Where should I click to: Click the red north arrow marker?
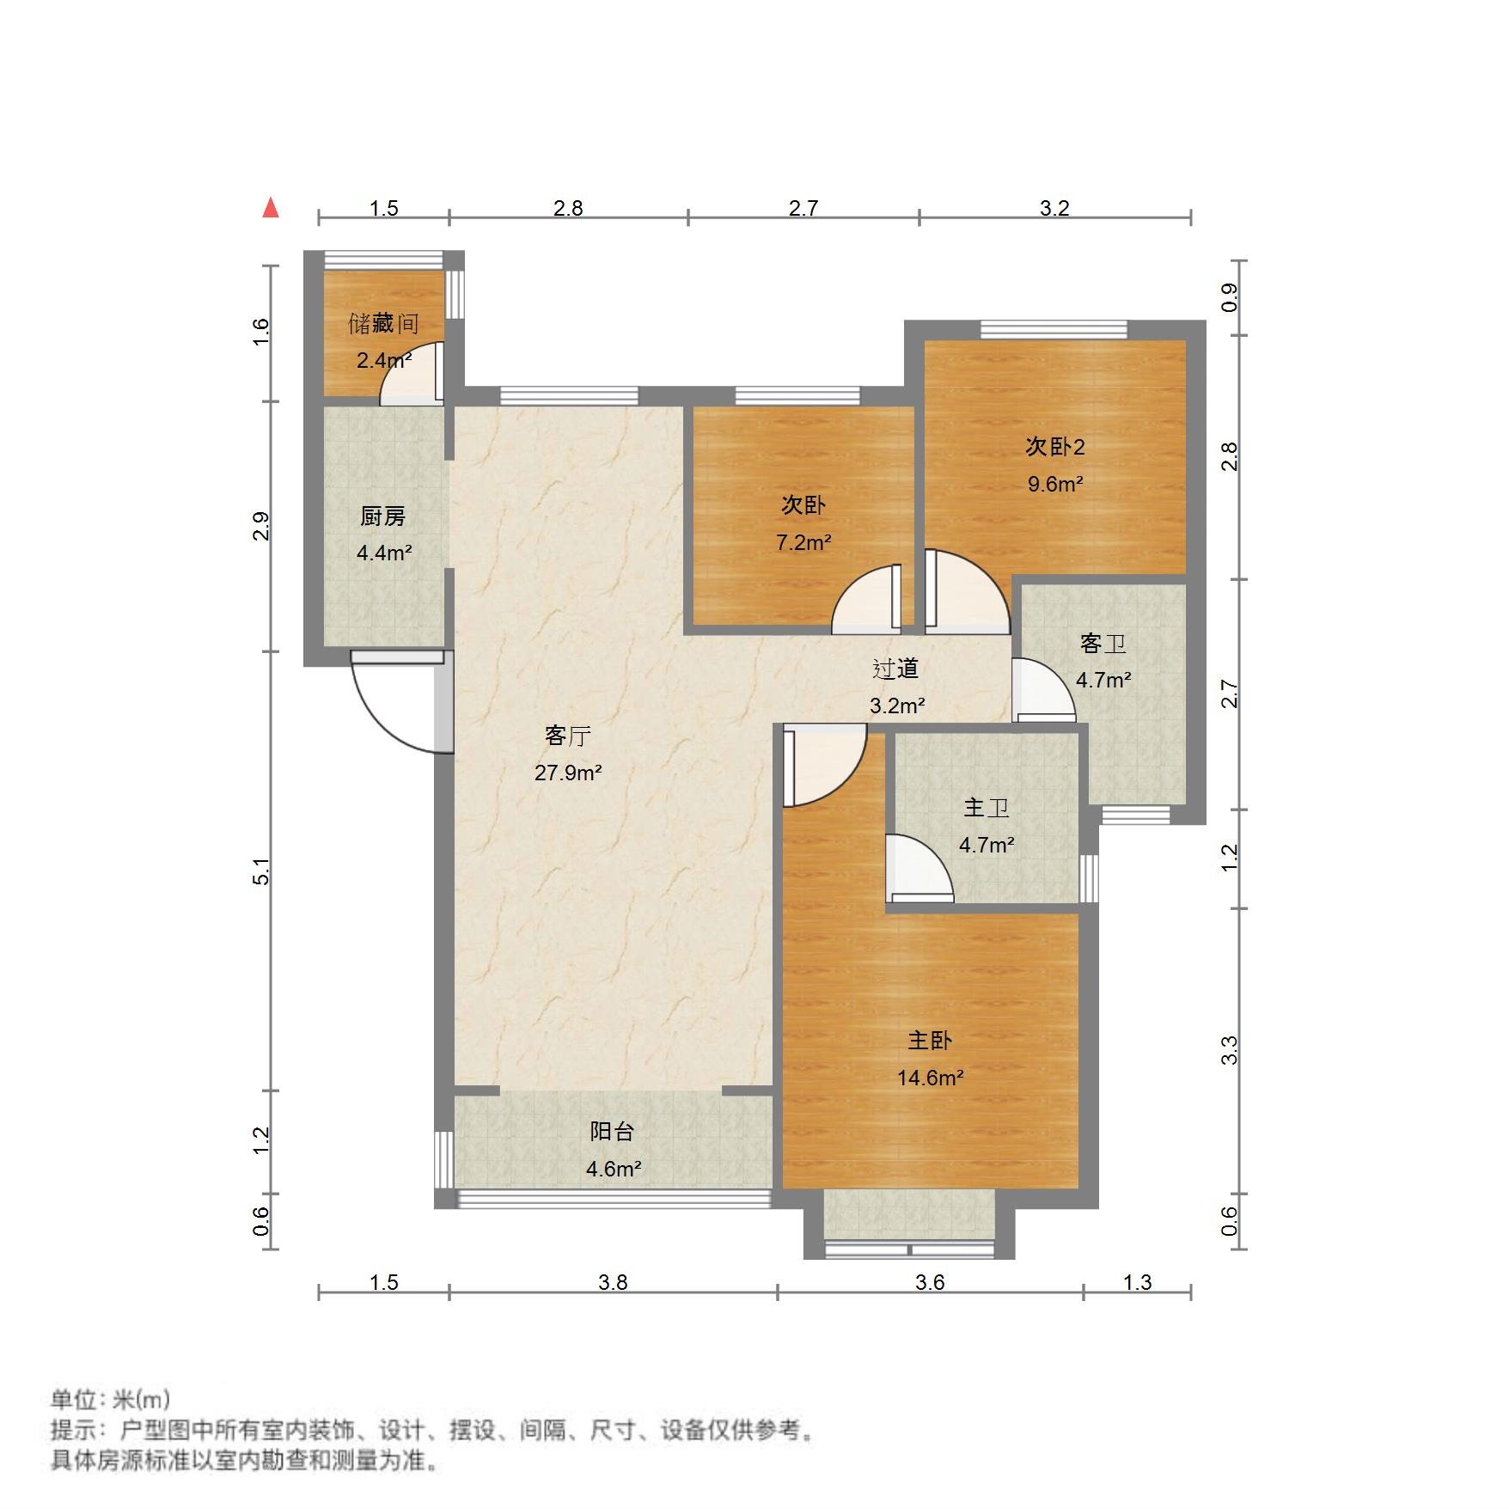point(271,208)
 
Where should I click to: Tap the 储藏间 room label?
point(383,324)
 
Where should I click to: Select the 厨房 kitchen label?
point(382,516)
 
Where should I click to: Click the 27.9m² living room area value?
point(568,773)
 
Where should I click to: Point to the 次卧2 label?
point(1054,447)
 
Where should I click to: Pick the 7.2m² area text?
point(803,542)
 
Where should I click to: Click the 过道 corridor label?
point(896,669)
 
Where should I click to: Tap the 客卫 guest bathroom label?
point(1103,644)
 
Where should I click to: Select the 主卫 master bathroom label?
point(986,808)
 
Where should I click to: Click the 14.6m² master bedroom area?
point(930,1078)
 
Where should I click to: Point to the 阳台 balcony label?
point(612,1132)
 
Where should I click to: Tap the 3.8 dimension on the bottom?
point(613,1282)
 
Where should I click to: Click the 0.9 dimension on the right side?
point(1230,297)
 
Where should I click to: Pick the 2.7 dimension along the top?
point(803,208)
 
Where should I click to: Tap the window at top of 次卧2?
point(1054,329)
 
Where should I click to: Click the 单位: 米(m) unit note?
point(110,1401)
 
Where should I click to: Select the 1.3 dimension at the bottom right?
point(1137,1282)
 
